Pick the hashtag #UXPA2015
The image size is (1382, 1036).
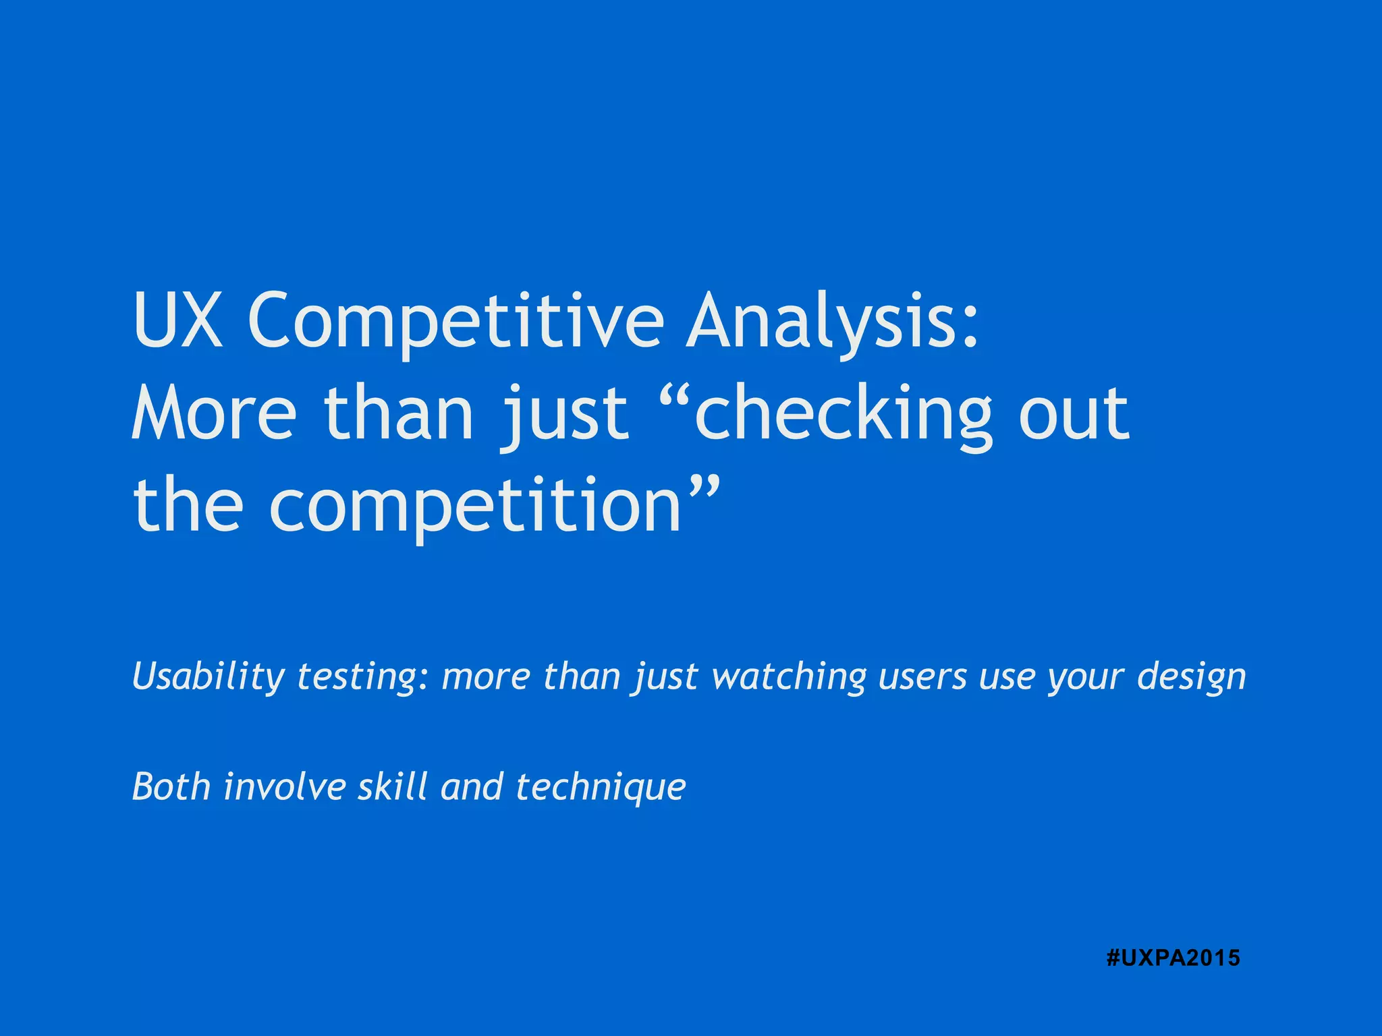pos(1173,958)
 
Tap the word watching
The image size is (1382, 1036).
pos(789,677)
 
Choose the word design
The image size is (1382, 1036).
pos(1191,677)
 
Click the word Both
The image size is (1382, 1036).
pos(171,786)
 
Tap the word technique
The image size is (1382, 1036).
pos(601,788)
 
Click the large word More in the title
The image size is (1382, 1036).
pos(214,413)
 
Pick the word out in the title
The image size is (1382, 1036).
pos(1074,413)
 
